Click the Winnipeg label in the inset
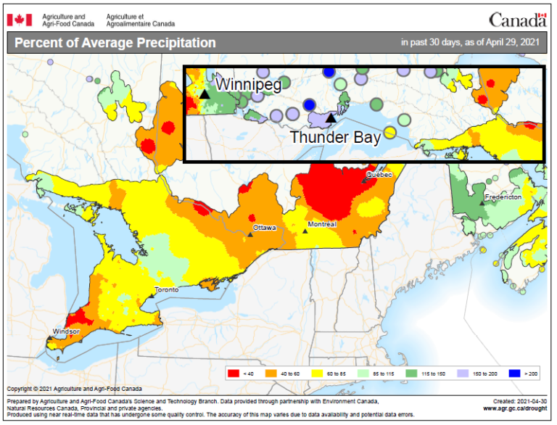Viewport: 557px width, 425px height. (x=247, y=83)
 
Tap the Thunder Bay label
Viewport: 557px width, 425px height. (x=336, y=137)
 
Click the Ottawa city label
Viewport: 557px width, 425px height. (x=265, y=228)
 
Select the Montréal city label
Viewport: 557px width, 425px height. (x=322, y=225)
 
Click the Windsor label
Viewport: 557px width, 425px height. (x=66, y=331)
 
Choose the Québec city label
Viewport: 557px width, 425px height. (x=379, y=175)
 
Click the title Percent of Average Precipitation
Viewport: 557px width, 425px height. (x=115, y=43)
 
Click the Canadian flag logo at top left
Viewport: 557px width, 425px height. (x=19, y=20)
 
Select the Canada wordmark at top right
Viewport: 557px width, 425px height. (x=517, y=20)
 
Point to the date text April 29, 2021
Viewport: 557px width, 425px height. (x=511, y=43)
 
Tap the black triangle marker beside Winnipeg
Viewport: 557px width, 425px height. (x=205, y=94)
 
